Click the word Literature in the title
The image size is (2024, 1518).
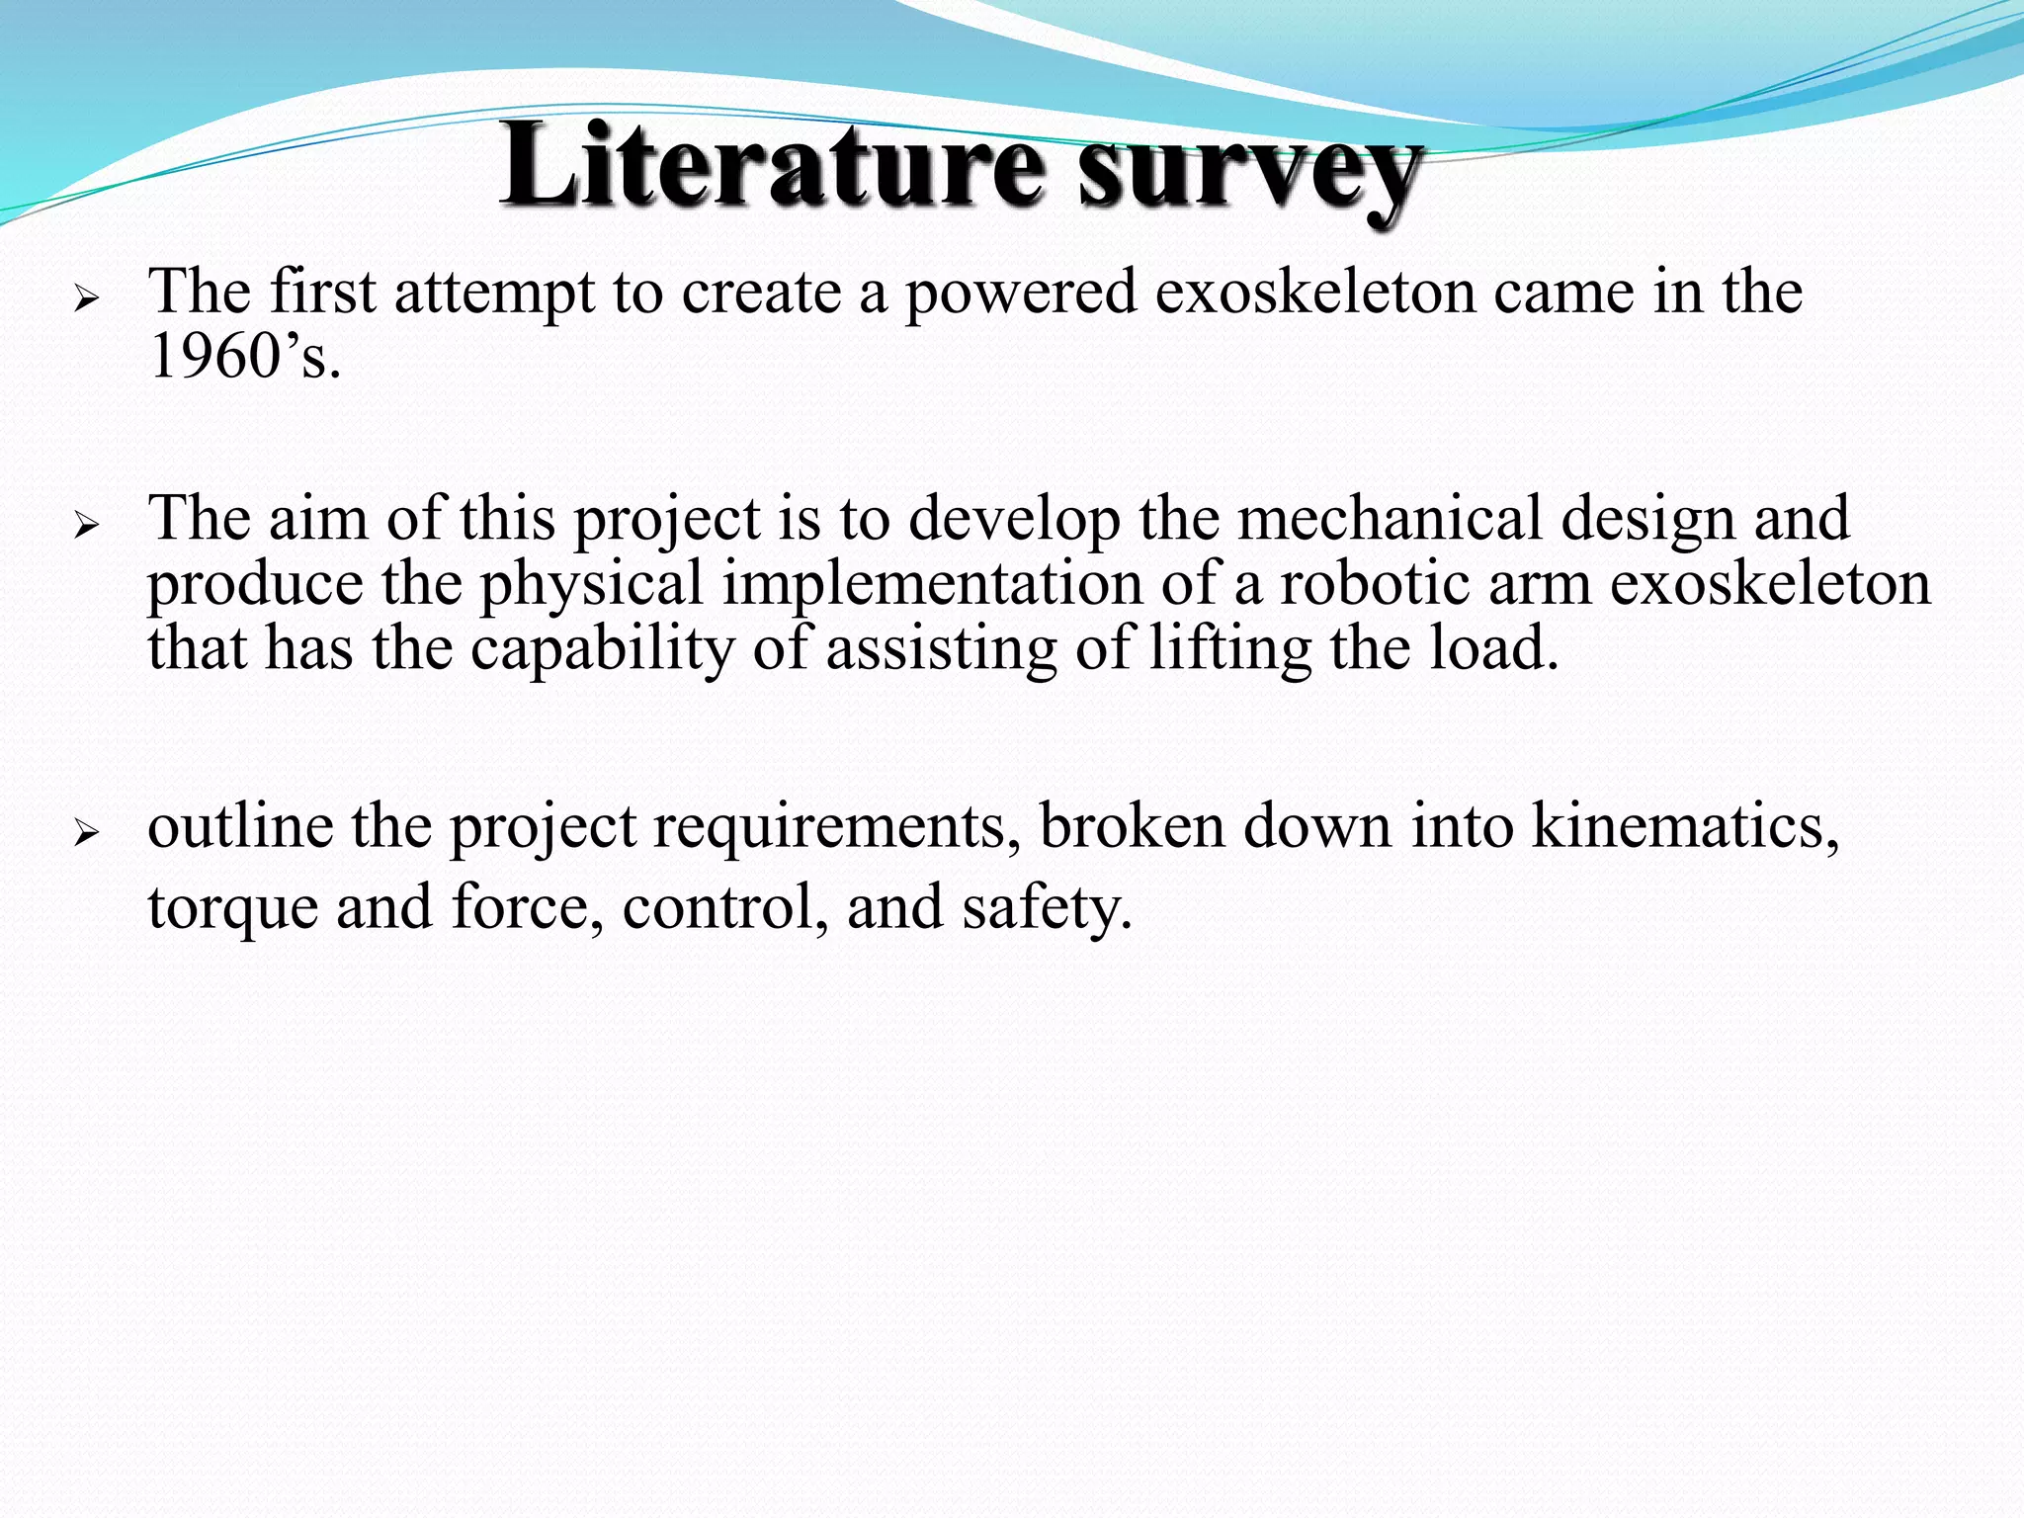pyautogui.click(x=771, y=166)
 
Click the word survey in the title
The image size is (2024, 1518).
pyautogui.click(x=1249, y=170)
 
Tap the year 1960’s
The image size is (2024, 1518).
pyautogui.click(x=244, y=357)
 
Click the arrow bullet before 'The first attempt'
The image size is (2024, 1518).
pyautogui.click(x=87, y=297)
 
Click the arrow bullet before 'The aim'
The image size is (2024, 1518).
pyautogui.click(x=87, y=525)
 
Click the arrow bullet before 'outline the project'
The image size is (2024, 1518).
pyautogui.click(x=87, y=833)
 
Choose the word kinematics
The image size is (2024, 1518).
pyautogui.click(x=1685, y=825)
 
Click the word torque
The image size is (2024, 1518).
pyautogui.click(x=233, y=908)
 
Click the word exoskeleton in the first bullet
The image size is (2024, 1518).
pyautogui.click(x=1314, y=294)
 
